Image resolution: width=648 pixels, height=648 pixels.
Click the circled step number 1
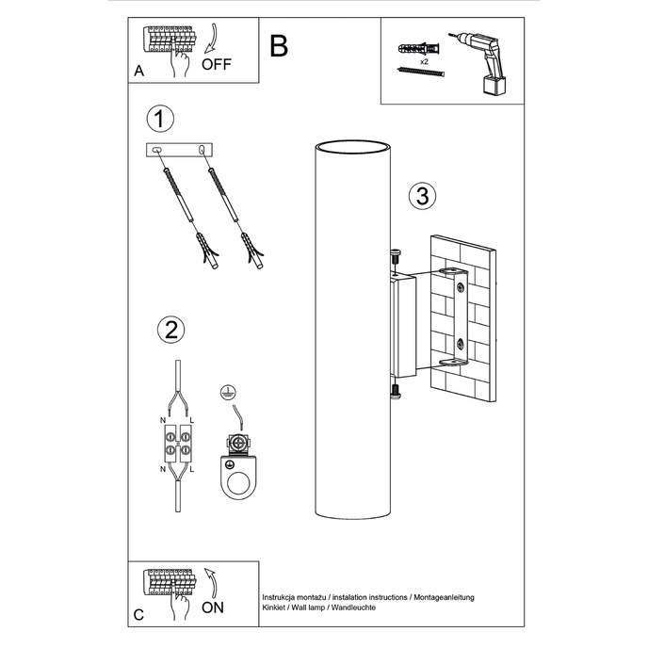161,119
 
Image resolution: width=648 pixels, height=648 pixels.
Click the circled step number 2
170,329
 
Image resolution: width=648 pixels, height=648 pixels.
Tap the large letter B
278,46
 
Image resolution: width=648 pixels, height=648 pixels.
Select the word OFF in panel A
216,65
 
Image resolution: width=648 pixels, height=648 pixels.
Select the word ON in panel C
213,607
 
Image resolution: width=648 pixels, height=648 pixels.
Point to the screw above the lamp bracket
395,255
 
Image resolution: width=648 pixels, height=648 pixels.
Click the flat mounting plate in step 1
181,150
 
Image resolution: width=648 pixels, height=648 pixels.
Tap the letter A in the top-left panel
138,70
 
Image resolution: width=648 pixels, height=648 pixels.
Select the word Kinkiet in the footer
277,609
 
